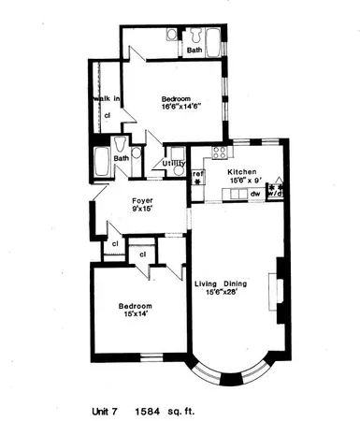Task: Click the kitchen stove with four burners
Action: coord(221,152)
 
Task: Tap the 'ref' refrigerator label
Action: coord(197,173)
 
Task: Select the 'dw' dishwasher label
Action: coord(255,195)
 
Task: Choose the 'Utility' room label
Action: coord(173,165)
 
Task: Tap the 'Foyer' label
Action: coord(142,199)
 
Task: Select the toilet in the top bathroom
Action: coord(171,35)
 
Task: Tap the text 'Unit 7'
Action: coord(106,409)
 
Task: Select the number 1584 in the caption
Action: coord(149,409)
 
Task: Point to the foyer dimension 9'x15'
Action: coord(142,209)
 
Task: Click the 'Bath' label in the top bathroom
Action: coord(194,51)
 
